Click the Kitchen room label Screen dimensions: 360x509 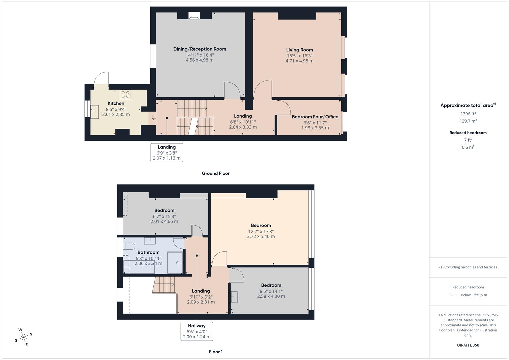pyautogui.click(x=116, y=103)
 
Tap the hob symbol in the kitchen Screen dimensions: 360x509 pyautogui.click(x=125, y=94)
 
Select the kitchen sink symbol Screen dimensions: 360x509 pyautogui.click(x=94, y=111)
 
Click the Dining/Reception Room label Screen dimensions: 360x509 pyautogui.click(x=200, y=49)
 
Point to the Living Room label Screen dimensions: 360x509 pyautogui.click(x=300, y=50)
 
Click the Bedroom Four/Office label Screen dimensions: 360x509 pyautogui.click(x=315, y=117)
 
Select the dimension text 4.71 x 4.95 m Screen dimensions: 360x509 pyautogui.click(x=299, y=61)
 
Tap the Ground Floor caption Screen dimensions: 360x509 pyautogui.click(x=216, y=173)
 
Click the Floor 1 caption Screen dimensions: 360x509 pyautogui.click(x=216, y=352)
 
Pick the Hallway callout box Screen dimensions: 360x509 pyautogui.click(x=197, y=331)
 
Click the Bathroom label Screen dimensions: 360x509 pyautogui.click(x=148, y=252)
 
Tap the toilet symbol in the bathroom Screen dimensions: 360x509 pyautogui.click(x=129, y=246)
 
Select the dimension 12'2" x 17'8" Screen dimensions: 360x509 pyautogui.click(x=261, y=231)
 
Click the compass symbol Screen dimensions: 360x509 pyautogui.click(x=24, y=337)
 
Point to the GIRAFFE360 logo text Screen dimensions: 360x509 pyautogui.click(x=468, y=345)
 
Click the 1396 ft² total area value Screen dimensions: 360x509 pyautogui.click(x=468, y=114)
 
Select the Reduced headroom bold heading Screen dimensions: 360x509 pyautogui.click(x=468, y=133)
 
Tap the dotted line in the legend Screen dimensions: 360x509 pyautogui.click(x=454, y=295)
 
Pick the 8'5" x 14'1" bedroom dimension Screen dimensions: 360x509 pyautogui.click(x=271, y=291)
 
